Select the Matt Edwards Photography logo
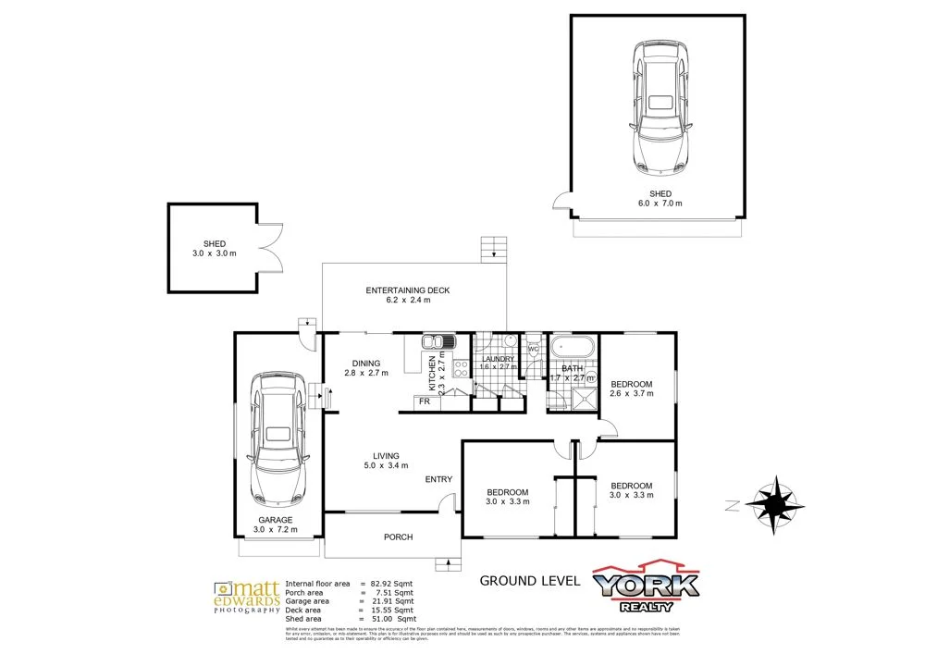pyautogui.click(x=246, y=598)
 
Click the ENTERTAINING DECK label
pyautogui.click(x=407, y=290)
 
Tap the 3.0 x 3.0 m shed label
pyautogui.click(x=214, y=247)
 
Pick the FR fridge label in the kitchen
pyautogui.click(x=425, y=401)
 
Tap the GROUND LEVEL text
pyautogui.click(x=529, y=581)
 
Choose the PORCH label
pyautogui.click(x=398, y=537)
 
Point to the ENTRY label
pyautogui.click(x=438, y=479)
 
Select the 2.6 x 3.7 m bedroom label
pyautogui.click(x=631, y=393)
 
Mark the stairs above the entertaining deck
pyautogui.click(x=494, y=250)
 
